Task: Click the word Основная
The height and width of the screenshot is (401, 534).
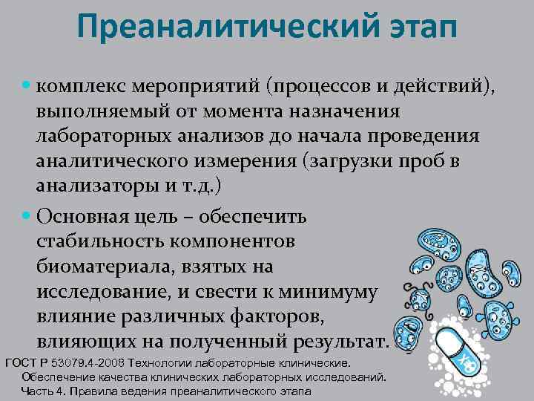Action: [x=81, y=218]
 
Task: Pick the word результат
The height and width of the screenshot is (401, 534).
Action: [x=340, y=342]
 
